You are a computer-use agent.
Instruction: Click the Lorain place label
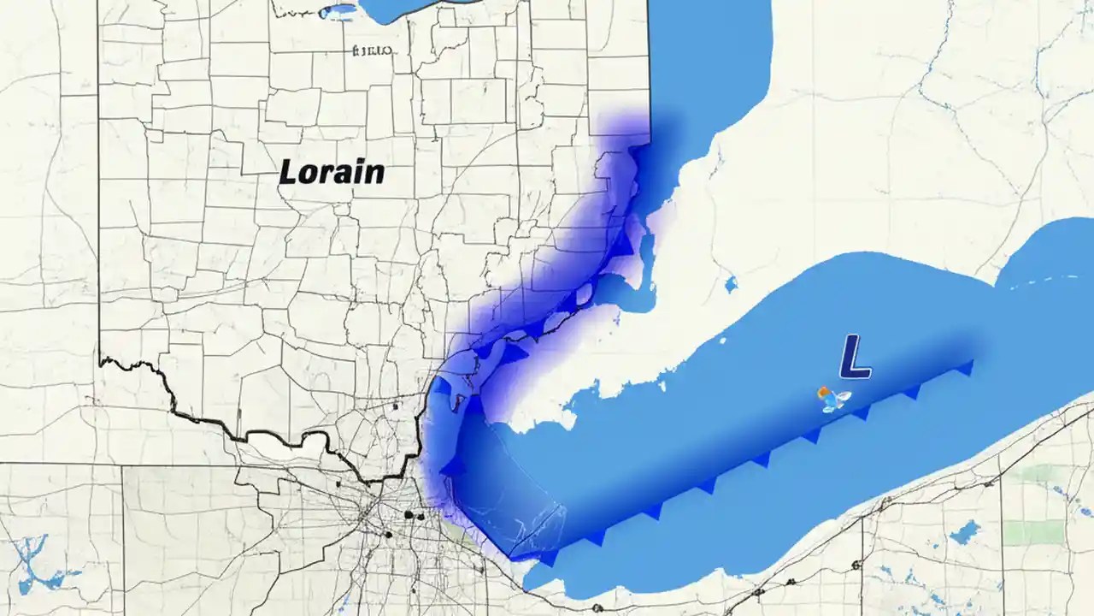coord(332,172)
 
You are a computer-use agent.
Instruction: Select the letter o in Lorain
coord(310,175)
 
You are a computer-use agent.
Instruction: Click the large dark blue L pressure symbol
coord(855,357)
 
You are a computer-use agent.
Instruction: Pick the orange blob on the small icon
coord(824,394)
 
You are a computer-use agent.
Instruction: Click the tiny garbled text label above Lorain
coord(372,50)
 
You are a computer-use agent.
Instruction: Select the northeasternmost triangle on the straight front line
coord(966,368)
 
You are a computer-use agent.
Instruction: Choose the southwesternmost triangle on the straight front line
coord(548,557)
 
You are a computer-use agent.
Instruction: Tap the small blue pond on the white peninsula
coord(730,283)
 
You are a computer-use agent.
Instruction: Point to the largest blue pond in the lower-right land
coord(964,532)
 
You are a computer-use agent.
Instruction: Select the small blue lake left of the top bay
coord(339,11)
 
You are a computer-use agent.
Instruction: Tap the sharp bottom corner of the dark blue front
coord(511,559)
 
